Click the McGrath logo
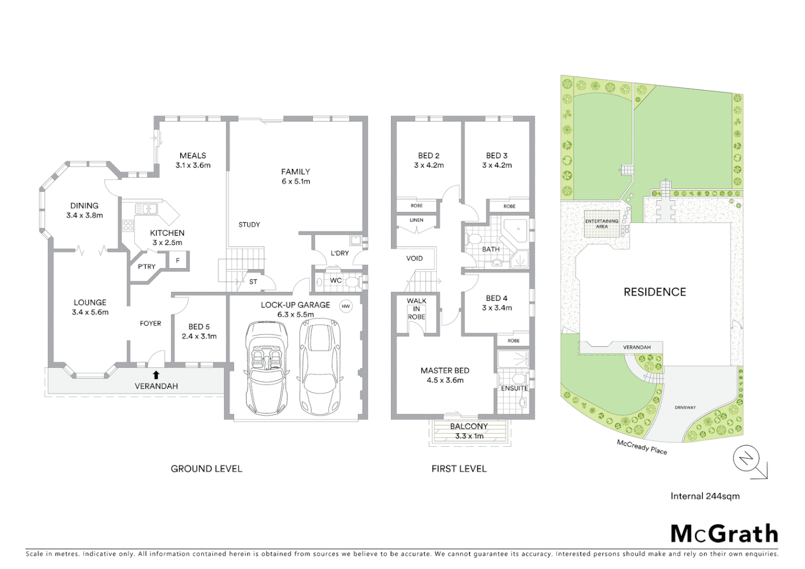(724, 534)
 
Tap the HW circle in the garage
(346, 306)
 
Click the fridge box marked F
(178, 260)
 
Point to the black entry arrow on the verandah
(156, 375)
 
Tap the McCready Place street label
(642, 447)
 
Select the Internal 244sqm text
(705, 496)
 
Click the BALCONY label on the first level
(468, 426)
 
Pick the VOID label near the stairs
(414, 258)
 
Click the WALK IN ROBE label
(416, 309)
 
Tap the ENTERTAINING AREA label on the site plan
(602, 224)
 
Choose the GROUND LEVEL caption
(207, 468)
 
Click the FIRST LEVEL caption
(459, 468)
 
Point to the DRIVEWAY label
(685, 407)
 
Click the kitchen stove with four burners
(128, 225)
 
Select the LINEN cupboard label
(416, 220)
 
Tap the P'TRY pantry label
(146, 267)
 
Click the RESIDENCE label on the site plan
(655, 292)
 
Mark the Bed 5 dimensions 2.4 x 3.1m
(199, 336)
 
